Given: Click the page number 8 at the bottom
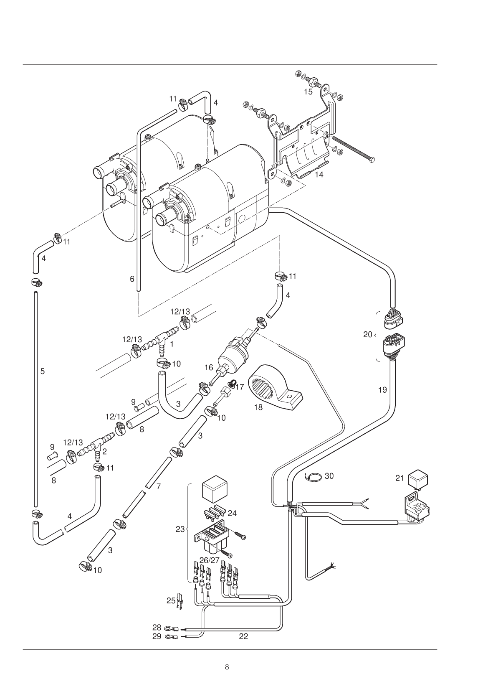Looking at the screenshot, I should click(x=227, y=667).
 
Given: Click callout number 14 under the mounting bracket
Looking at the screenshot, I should click(x=319, y=175).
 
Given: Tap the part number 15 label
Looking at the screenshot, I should click(x=308, y=92).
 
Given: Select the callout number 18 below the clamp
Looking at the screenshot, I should click(x=258, y=407).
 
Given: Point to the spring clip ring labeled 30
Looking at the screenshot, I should click(x=314, y=476).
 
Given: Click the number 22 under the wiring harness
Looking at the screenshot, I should click(x=243, y=636).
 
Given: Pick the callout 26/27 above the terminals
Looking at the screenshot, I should click(x=209, y=559).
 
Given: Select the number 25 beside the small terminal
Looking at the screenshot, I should click(x=171, y=600).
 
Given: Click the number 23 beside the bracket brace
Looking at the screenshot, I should click(x=180, y=529).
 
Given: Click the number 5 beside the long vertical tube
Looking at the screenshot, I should click(x=43, y=371).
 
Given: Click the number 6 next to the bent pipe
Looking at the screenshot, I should click(x=132, y=279).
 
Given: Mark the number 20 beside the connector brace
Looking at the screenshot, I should click(x=367, y=335).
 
